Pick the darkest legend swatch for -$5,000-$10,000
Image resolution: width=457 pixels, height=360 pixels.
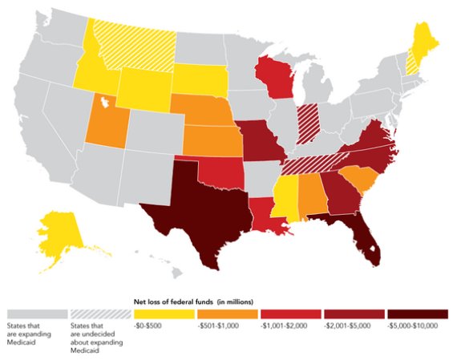[x=416, y=312]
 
